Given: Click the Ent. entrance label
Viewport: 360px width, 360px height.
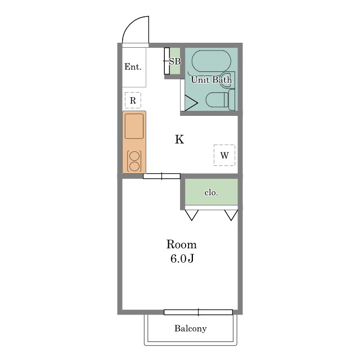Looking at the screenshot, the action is tap(133, 67).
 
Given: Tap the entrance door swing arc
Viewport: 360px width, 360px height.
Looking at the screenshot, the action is tap(129, 25).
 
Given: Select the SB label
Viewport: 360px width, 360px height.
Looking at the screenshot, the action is tap(175, 61).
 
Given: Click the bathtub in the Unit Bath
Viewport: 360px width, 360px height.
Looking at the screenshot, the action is tap(211, 61).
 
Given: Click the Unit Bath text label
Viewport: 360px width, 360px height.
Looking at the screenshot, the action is tap(211, 80).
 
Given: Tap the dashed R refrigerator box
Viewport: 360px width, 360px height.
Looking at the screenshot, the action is tap(133, 100).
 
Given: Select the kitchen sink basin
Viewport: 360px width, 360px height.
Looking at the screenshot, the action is tap(134, 126).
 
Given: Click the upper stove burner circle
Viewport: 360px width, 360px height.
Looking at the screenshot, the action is tap(134, 156).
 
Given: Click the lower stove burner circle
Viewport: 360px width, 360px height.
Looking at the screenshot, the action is tap(134, 166).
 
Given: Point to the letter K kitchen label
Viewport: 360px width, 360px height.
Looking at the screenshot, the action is tap(179, 139).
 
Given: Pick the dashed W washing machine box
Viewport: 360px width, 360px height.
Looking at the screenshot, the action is tap(224, 155).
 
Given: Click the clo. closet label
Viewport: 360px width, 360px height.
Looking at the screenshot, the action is tap(211, 192).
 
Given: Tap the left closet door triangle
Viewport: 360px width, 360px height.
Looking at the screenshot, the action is tap(192, 215).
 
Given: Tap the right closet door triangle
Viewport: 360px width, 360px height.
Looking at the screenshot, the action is tap(231, 215).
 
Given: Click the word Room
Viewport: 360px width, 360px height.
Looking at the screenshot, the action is tap(181, 245).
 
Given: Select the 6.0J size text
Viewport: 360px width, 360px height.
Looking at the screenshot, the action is tap(182, 259).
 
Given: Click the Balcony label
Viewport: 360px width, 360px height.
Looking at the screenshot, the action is tap(190, 328).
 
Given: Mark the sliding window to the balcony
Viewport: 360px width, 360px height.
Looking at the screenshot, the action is tap(199, 312).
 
